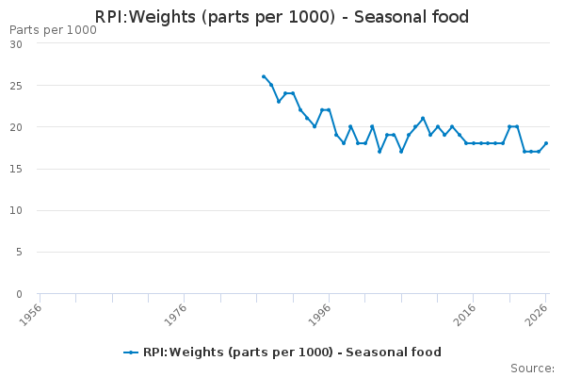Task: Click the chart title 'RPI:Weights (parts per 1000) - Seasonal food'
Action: click(282, 17)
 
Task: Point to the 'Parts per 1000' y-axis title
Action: click(53, 30)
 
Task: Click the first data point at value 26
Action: click(264, 76)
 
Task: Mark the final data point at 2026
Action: click(546, 143)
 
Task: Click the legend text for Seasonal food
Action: click(292, 352)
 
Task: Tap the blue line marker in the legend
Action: click(131, 352)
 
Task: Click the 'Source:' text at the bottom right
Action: click(532, 369)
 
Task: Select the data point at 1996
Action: click(329, 110)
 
